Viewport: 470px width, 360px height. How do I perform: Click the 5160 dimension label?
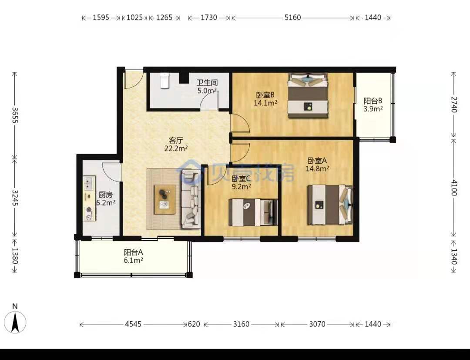[x=292, y=18]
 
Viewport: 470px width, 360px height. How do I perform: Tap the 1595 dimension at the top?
[x=101, y=18]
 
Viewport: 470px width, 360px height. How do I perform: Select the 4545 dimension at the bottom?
[x=133, y=324]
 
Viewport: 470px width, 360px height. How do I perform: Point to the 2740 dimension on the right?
[x=454, y=104]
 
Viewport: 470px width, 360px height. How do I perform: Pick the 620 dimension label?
[x=194, y=324]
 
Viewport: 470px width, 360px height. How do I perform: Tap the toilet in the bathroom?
[x=164, y=81]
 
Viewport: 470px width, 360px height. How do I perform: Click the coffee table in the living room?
[x=164, y=199]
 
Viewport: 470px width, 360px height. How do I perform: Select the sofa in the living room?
[x=191, y=199]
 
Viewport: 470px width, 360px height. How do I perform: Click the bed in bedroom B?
[x=308, y=96]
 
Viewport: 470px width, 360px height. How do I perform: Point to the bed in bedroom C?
[x=253, y=212]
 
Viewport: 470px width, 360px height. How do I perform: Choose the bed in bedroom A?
[x=330, y=205]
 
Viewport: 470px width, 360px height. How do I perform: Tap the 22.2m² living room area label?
[x=176, y=148]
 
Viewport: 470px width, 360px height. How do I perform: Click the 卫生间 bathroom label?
[x=207, y=82]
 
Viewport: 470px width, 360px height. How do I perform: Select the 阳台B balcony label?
[x=373, y=101]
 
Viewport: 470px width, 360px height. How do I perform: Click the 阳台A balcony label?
[x=134, y=252]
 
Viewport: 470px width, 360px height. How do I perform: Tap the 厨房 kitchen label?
[x=105, y=195]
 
